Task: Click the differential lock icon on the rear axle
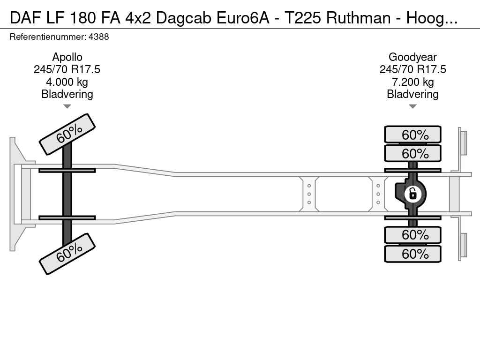pos(412,194)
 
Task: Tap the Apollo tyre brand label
pos(67,57)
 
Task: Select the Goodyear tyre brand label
pos(412,57)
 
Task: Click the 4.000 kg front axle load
pos(67,82)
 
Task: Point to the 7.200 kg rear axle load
pos(412,82)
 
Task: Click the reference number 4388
pos(99,37)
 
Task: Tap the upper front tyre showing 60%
pos(67,134)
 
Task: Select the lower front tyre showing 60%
pos(67,254)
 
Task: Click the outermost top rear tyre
pos(412,135)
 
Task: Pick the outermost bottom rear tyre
pos(412,254)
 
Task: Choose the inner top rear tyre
pos(412,153)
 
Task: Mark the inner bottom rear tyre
pos(412,234)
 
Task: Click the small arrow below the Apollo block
pos(67,106)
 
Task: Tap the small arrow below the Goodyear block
pos(412,106)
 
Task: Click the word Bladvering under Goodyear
pos(412,94)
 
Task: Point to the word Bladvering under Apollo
pos(67,94)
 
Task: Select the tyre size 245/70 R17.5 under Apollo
pos(67,70)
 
